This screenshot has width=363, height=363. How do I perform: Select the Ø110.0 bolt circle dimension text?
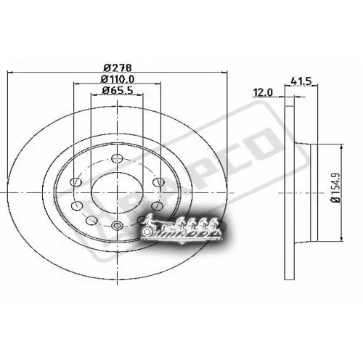[116, 79]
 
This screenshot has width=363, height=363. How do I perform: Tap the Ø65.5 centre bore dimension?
[116, 91]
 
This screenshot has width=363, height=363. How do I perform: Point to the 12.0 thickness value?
[261, 92]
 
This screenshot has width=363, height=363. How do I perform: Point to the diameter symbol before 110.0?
[102, 79]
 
